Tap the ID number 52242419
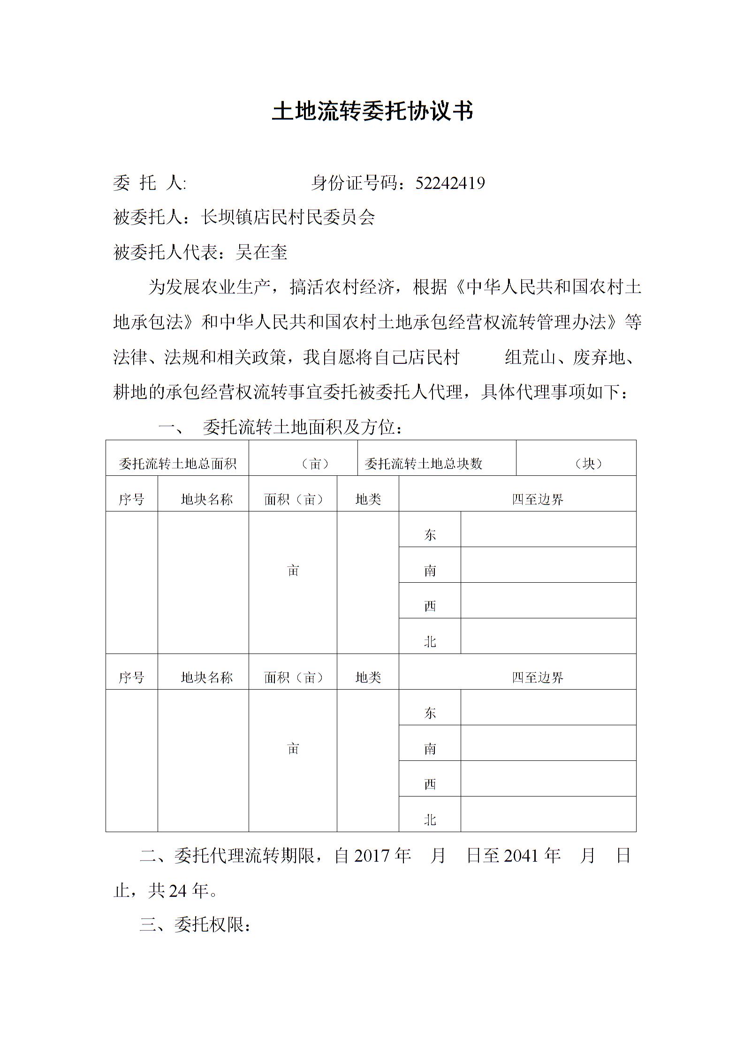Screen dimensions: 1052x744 450,183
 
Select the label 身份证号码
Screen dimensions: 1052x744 354,183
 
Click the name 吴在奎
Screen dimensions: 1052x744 261,252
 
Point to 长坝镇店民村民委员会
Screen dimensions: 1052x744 288,218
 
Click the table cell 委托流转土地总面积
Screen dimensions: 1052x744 177,464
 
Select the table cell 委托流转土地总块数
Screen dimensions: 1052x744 424,464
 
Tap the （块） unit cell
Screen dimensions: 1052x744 588,464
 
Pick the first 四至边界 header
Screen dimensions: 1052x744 538,499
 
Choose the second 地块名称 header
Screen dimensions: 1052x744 207,677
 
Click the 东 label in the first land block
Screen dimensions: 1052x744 430,535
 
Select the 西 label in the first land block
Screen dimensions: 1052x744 430,606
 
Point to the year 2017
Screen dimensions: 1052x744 372,856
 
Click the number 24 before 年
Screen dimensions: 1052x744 178,891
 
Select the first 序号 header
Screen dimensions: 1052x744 131,499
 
